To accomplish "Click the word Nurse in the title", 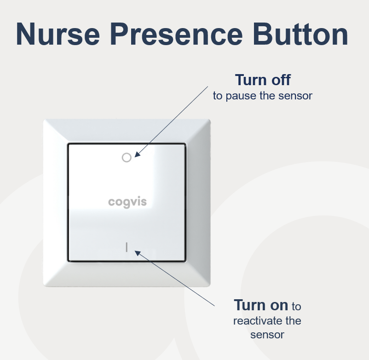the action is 58,34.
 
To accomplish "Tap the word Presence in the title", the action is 176,34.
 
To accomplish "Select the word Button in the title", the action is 300,34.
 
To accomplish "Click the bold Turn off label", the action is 263,80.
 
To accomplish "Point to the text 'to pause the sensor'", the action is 263,96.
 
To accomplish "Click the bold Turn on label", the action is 261,305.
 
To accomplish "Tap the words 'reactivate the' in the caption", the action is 267,321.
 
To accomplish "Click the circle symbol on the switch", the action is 127,157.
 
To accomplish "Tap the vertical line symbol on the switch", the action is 127,247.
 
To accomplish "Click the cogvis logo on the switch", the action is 127,202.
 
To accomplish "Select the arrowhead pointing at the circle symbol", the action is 138,154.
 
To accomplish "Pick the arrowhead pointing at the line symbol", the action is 138,253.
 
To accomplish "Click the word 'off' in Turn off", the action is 281,80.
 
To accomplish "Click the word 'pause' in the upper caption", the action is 241,96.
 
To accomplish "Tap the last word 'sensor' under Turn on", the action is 267,335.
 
